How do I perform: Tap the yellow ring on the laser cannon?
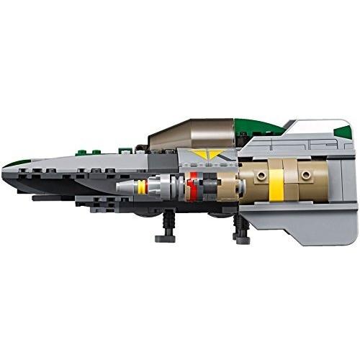tap(142, 187)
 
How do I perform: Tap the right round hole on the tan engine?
tap(306, 175)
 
